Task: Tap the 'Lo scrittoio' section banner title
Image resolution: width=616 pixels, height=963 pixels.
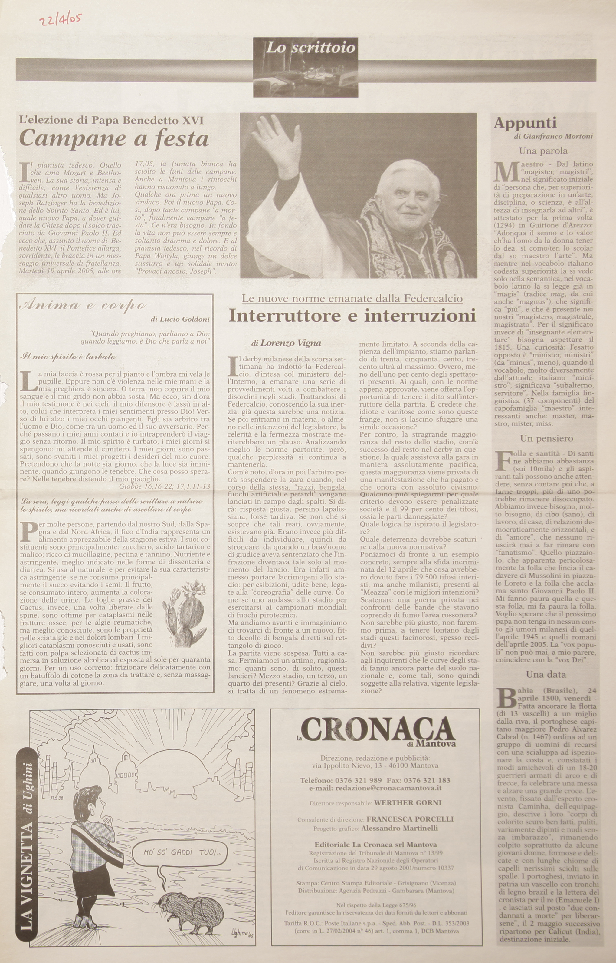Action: pos(310,48)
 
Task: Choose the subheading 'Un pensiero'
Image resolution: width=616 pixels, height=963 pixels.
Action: pos(546,438)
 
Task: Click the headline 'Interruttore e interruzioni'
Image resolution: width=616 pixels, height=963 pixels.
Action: pos(352,316)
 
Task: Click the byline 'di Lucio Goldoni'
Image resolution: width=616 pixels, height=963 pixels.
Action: pos(180,319)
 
